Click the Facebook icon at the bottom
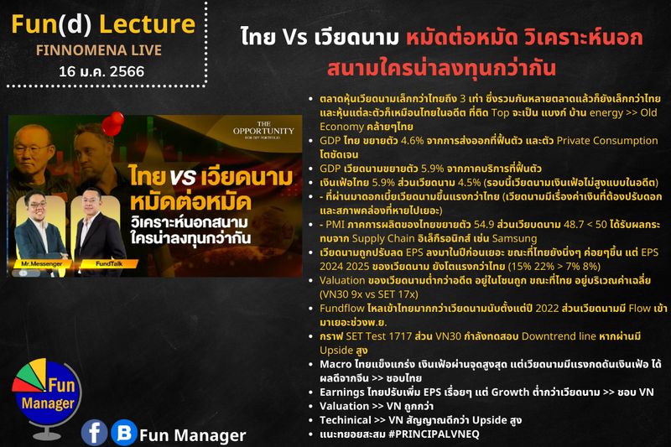[x=95, y=432]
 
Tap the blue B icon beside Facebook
[x=123, y=432]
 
